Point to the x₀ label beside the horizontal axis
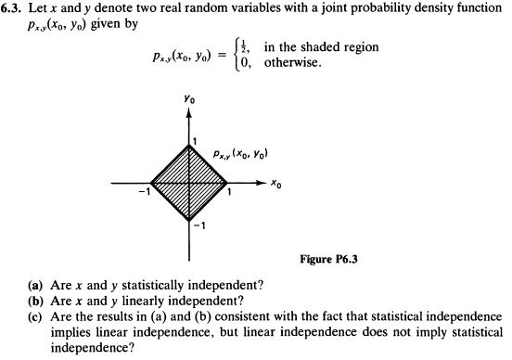[275, 185]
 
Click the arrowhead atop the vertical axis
[189, 113]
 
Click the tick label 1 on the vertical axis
[195, 139]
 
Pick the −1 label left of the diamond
[143, 192]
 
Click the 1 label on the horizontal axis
[229, 193]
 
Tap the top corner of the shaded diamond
[189, 147]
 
